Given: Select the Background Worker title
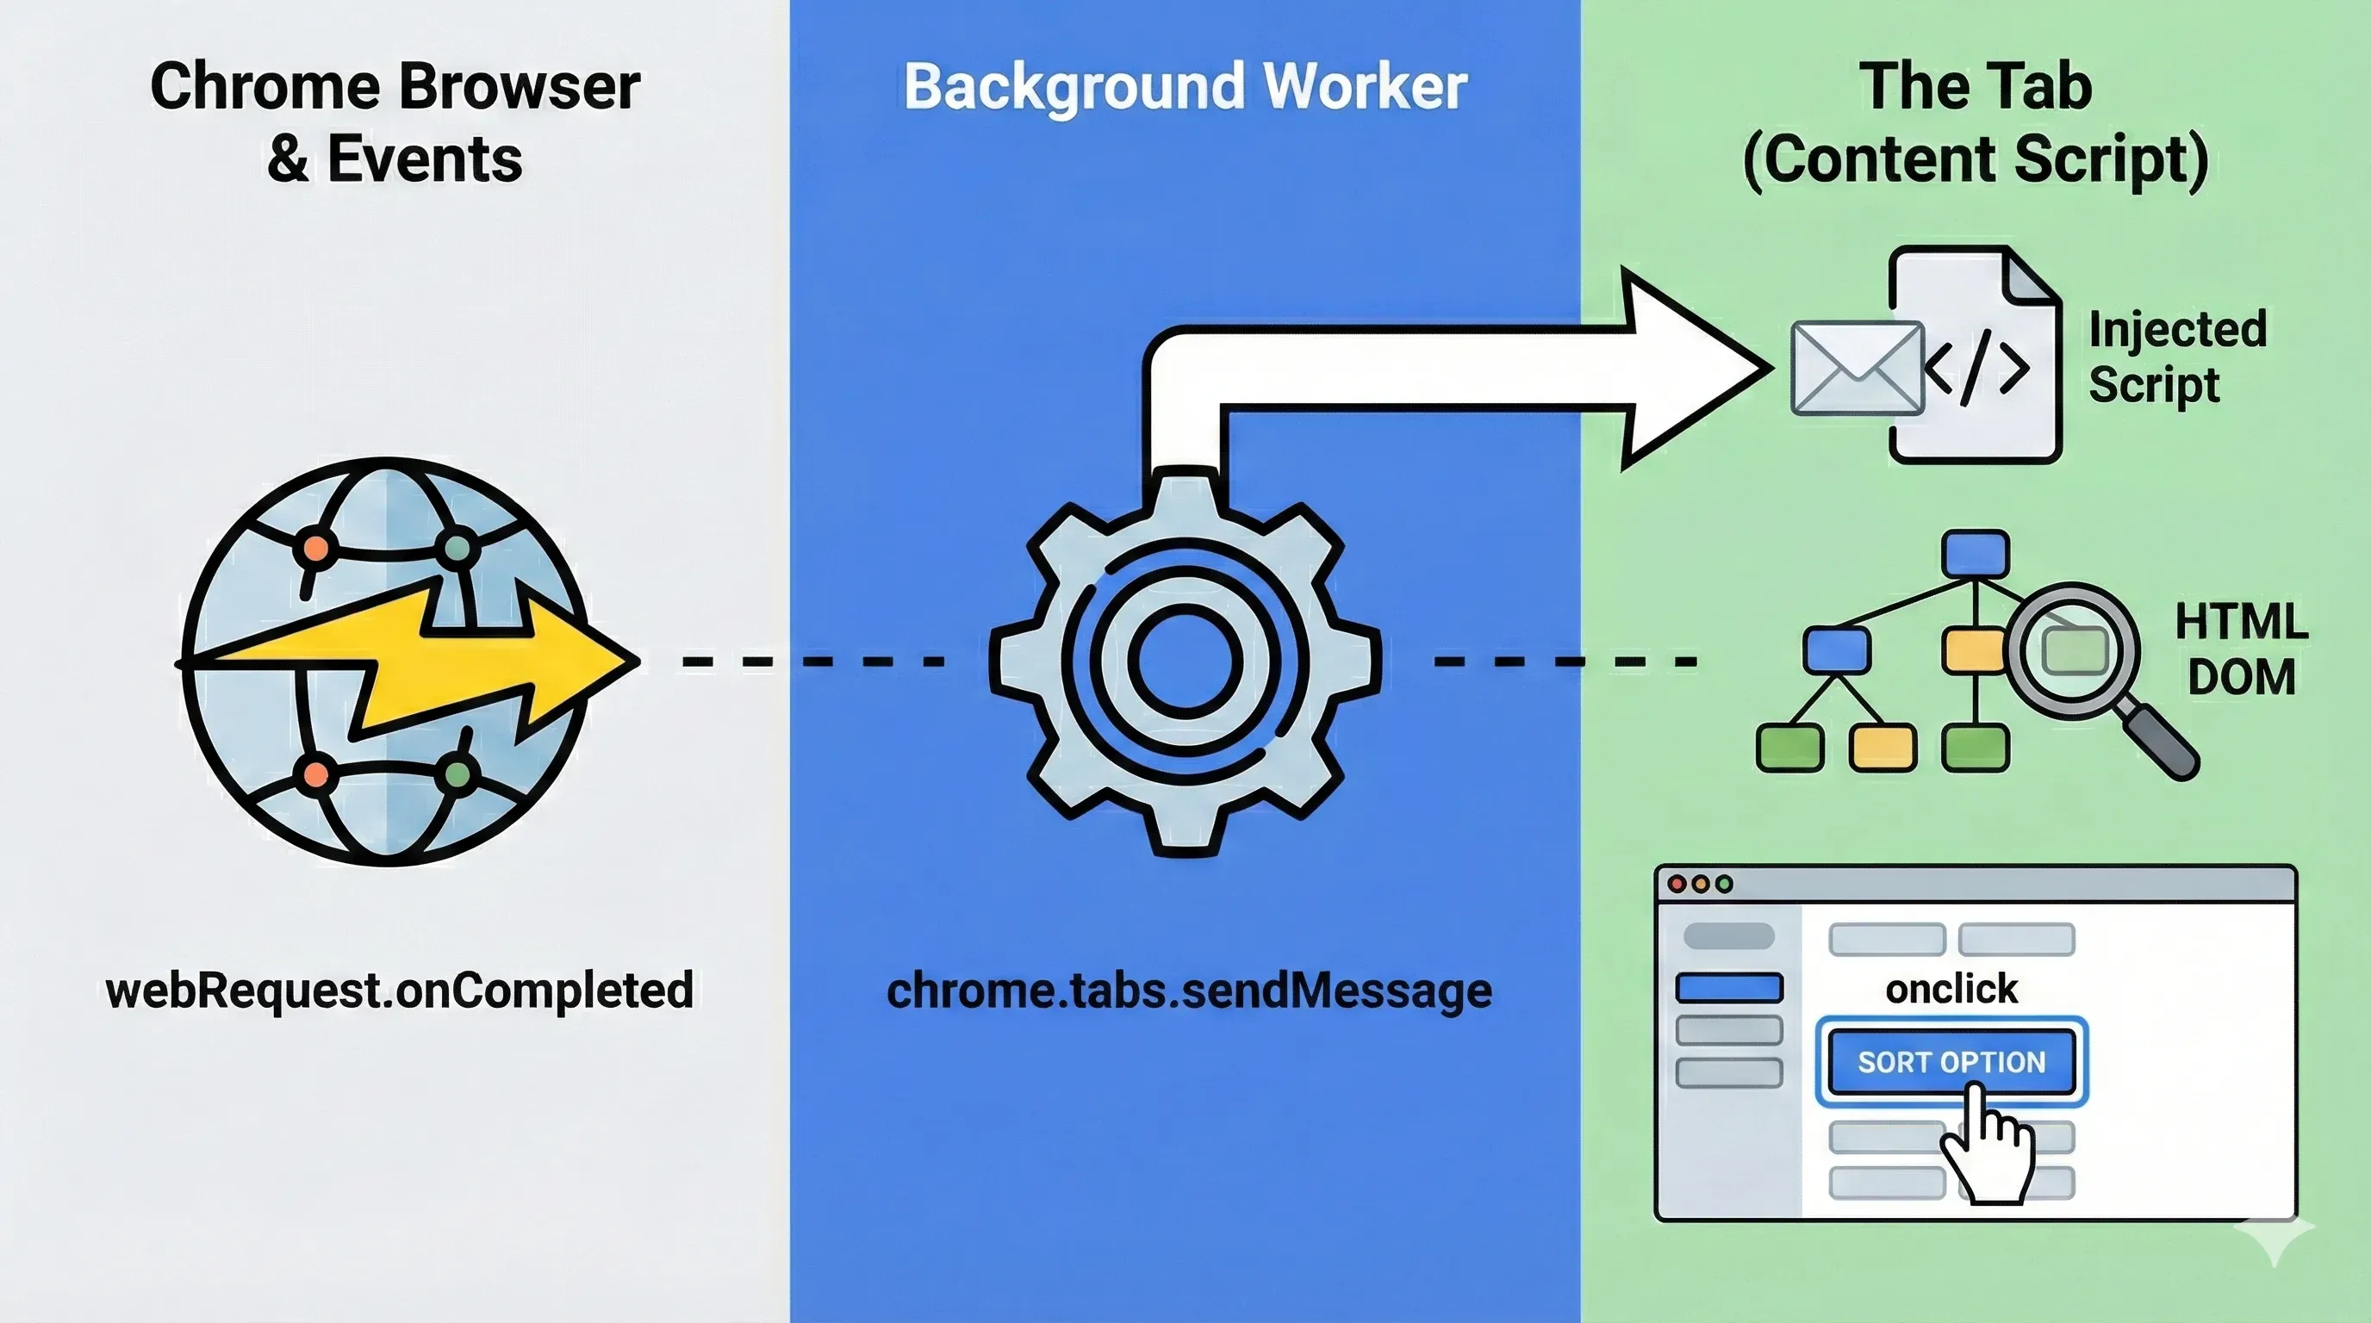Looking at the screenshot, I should coord(1185,87).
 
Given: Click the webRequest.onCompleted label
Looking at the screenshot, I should coord(400,991).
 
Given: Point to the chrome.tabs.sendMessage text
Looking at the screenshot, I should coord(1188,991).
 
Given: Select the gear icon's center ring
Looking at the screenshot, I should coord(1185,660).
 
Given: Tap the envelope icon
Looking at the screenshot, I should coord(1857,368).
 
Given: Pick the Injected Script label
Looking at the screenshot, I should coord(2177,357).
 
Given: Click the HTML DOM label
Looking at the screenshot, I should coord(2241,649).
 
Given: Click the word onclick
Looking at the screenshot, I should coord(1951,990).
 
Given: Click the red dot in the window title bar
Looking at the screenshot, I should coord(1677,884).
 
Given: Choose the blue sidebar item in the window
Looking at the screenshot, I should coord(1728,988).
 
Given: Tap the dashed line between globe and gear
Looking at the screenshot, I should coord(810,661).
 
